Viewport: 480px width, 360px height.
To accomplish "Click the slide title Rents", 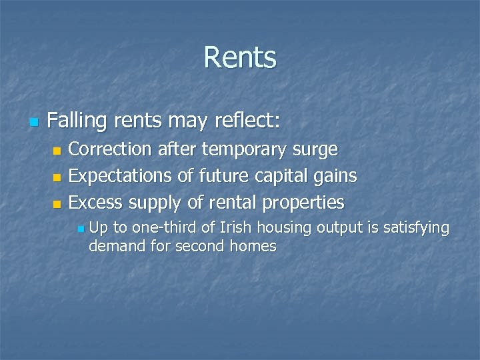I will click(x=240, y=57).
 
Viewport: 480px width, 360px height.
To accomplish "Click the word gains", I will click(x=337, y=176).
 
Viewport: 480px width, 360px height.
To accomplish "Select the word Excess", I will click(x=96, y=202).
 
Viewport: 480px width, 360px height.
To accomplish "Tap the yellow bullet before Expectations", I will click(x=57, y=177).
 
